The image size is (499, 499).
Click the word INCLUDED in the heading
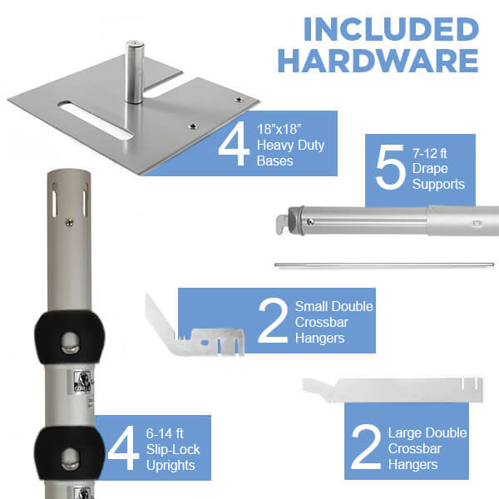tap(391, 29)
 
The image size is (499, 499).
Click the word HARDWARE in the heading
tap(378, 61)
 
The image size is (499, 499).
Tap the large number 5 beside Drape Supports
tap(391, 167)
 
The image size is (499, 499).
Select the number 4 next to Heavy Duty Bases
tap(234, 144)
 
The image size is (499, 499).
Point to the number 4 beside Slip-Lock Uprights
tap(123, 447)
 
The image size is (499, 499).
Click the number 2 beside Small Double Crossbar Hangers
tap(274, 321)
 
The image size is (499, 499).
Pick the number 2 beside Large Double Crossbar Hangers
tap(366, 447)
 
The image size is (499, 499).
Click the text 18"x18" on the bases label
tap(279, 129)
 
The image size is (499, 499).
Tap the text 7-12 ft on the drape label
tap(430, 154)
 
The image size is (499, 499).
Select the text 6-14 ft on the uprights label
tap(165, 433)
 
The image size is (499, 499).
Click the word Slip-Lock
tap(173, 450)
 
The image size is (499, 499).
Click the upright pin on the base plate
tap(135, 72)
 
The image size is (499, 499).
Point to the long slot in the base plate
tap(96, 121)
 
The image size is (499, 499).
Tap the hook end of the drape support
tap(282, 224)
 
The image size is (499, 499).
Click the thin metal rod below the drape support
tap(384, 264)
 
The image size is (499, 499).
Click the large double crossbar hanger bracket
tap(393, 390)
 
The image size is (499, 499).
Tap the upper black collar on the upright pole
tap(69, 338)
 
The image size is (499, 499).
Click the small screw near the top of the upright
tap(69, 224)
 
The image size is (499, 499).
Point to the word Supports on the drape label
tap(438, 185)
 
